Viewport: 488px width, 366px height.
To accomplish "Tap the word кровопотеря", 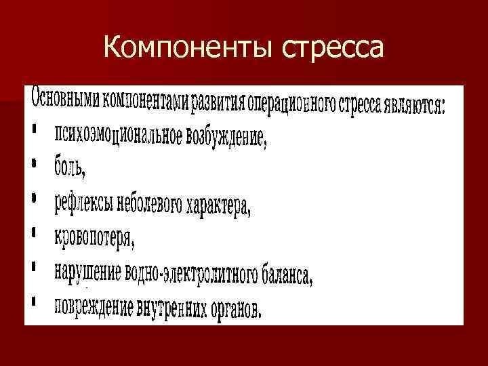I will [x=95, y=238].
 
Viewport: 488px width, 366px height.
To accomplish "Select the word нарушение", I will [x=87, y=270].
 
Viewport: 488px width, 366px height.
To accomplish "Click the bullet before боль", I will [x=33, y=163].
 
